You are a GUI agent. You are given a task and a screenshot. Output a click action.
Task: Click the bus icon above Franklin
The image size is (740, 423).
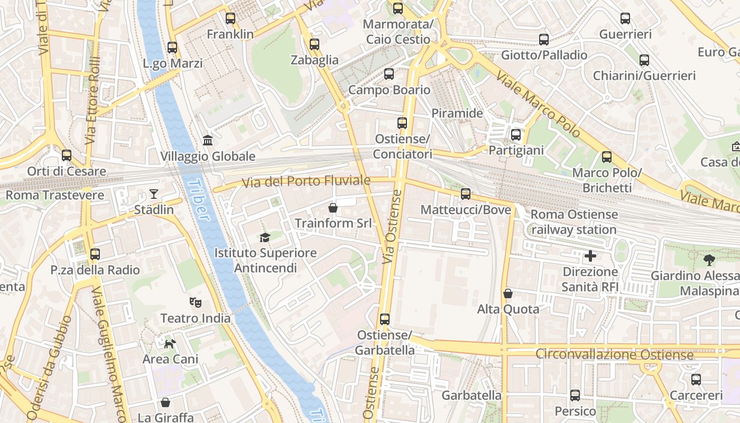coord(230,19)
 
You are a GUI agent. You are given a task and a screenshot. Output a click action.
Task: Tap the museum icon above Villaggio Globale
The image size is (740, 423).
coord(208,141)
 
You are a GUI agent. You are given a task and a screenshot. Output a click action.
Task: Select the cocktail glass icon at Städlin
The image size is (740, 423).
coord(154,194)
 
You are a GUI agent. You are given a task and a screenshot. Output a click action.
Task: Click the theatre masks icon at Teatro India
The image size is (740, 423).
coord(196,302)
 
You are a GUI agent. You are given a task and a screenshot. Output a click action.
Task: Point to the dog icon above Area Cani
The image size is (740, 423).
coord(170,344)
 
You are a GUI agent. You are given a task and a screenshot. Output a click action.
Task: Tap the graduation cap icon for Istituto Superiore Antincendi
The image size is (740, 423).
coord(265,237)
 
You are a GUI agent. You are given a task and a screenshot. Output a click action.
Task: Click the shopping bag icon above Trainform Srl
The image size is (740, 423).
coord(333,207)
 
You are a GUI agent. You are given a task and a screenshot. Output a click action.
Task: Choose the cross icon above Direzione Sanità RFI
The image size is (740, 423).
coord(590,256)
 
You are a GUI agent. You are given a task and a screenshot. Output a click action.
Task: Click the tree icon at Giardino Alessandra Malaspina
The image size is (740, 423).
coord(709,260)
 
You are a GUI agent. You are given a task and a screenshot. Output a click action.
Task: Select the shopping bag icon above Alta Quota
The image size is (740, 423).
coord(508,293)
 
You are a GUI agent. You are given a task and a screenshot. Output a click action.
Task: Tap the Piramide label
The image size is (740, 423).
coord(457,113)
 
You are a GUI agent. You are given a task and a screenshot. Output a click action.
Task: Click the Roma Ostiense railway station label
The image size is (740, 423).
coord(574,222)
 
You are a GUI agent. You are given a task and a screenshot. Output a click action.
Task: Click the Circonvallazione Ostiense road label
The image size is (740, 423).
coord(614,354)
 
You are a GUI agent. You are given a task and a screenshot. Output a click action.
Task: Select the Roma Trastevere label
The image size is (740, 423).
coord(55,195)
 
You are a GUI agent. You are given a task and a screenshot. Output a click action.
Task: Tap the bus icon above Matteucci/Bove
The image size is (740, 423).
coord(466,194)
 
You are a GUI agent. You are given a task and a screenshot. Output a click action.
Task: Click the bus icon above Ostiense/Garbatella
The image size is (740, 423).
coord(385,319)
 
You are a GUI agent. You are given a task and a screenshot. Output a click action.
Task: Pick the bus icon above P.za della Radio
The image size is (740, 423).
coord(95,254)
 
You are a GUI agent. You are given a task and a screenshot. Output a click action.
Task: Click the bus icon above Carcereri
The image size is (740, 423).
coord(696,380)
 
